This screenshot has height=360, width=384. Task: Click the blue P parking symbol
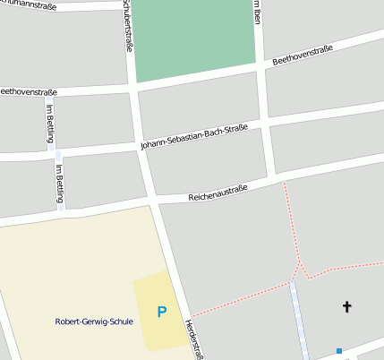coord(162,312)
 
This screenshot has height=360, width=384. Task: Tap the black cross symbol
coord(347,307)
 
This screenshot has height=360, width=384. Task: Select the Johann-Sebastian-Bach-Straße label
coord(194,137)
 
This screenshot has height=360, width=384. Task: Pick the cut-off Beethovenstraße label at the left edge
coord(29,91)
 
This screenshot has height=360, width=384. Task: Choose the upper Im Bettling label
coord(49,122)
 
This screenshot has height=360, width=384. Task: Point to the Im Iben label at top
coord(256,12)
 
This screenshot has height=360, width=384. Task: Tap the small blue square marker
coord(339,350)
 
